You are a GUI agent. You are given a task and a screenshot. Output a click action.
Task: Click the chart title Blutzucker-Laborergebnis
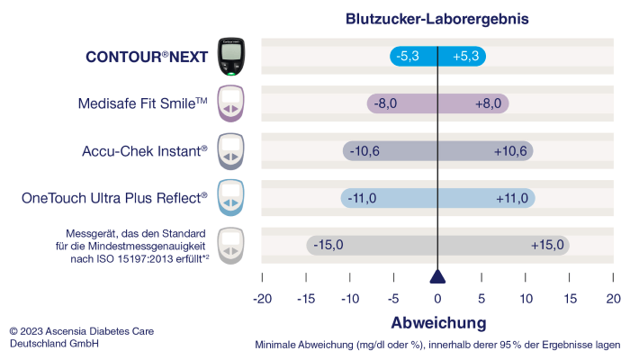437,18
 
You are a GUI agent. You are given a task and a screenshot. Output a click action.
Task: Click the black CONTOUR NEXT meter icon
231,57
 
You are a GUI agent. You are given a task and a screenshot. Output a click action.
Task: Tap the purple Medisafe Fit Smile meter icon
231,103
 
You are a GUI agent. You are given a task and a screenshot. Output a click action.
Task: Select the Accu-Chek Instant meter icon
231,150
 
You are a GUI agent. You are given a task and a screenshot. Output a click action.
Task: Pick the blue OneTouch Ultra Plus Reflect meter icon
231,197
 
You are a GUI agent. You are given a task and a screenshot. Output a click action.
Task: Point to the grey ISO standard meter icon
231,244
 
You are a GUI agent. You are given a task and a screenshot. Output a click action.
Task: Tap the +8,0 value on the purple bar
488,103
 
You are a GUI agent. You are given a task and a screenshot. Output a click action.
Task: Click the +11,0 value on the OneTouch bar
511,197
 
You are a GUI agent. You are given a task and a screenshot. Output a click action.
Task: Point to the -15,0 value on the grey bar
328,244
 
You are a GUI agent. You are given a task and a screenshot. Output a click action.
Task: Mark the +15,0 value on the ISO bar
547,244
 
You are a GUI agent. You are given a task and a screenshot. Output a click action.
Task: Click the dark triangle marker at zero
437,276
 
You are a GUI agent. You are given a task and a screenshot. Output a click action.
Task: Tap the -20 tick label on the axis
262,298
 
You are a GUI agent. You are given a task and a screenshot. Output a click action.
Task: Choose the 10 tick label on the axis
526,298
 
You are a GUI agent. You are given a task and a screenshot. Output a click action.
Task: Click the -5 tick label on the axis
393,298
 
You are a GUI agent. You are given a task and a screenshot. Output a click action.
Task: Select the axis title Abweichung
437,322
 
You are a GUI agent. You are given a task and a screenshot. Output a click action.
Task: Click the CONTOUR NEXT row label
147,57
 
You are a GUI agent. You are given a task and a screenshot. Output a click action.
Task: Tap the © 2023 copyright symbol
13,331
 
